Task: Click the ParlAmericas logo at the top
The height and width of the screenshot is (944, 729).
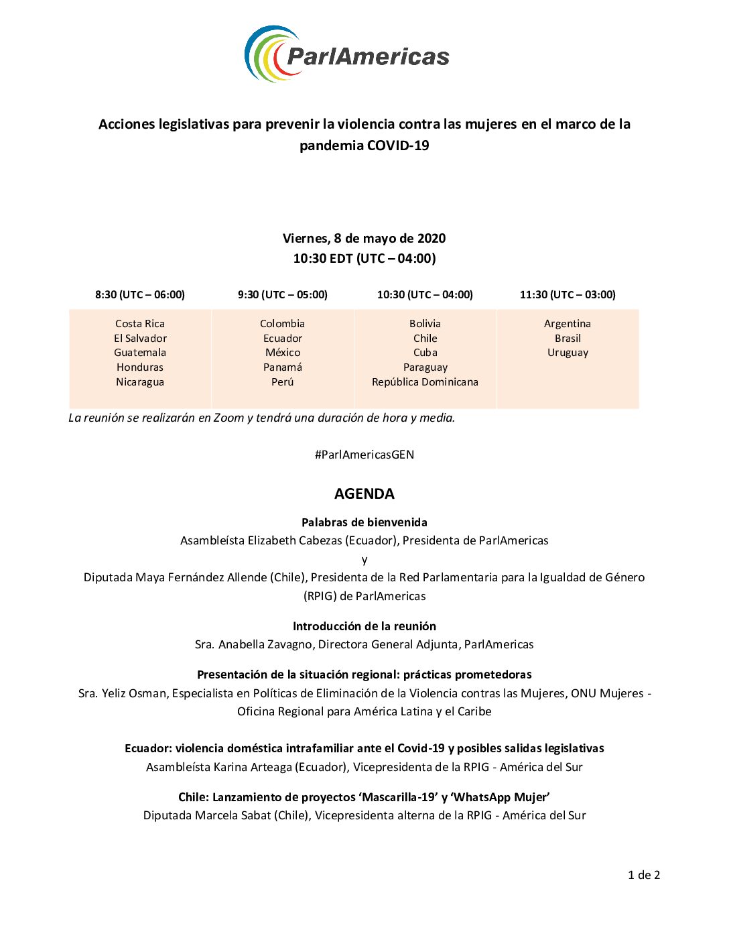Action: pyautogui.click(x=347, y=54)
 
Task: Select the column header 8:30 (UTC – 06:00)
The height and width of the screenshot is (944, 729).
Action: pyautogui.click(x=140, y=294)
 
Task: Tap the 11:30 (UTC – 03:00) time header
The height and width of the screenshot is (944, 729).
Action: pyautogui.click(x=568, y=294)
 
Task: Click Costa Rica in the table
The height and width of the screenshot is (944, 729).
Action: pyautogui.click(x=140, y=323)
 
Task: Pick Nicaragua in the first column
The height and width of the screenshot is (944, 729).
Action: pyautogui.click(x=140, y=381)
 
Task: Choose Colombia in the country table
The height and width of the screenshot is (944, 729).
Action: pyautogui.click(x=282, y=323)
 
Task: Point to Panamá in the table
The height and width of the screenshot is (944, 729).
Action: pyautogui.click(x=282, y=367)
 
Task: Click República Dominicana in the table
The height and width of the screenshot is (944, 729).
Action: pyautogui.click(x=425, y=381)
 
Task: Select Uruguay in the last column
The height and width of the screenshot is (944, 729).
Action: pyautogui.click(x=568, y=352)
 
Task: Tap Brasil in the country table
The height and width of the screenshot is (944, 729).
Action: pyautogui.click(x=568, y=338)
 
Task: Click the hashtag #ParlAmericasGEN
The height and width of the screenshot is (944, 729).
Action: pyautogui.click(x=364, y=455)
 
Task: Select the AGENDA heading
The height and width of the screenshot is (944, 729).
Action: pyautogui.click(x=364, y=493)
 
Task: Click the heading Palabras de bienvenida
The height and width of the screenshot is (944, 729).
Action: pyautogui.click(x=364, y=522)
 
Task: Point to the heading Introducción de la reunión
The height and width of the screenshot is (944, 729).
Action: pyautogui.click(x=364, y=626)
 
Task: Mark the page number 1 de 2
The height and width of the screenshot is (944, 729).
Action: pyautogui.click(x=644, y=875)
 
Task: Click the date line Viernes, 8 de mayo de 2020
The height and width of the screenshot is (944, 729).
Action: pyautogui.click(x=364, y=238)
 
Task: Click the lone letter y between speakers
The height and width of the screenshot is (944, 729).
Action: pyautogui.click(x=364, y=559)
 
